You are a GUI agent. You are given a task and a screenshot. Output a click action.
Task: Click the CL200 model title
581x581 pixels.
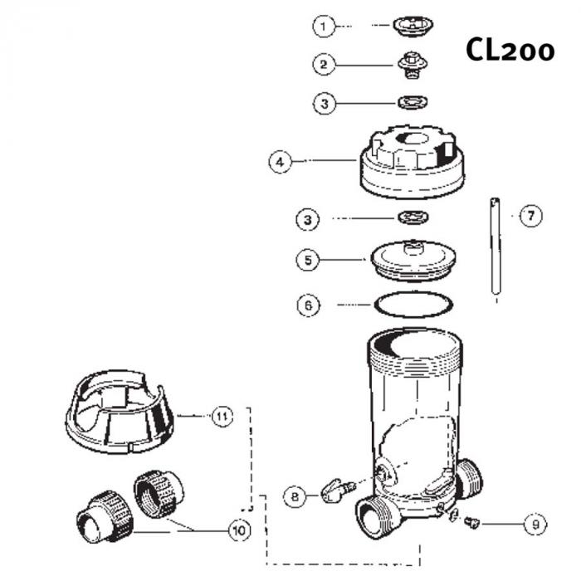pyautogui.click(x=510, y=50)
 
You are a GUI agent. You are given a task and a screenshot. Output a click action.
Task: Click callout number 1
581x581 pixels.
pyautogui.click(x=323, y=27)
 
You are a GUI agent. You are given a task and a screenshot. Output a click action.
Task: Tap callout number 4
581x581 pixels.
pyautogui.click(x=281, y=161)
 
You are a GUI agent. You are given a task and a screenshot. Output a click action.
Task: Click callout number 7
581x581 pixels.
pyautogui.click(x=530, y=216)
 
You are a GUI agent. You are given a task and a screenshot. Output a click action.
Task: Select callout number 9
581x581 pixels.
pyautogui.click(x=535, y=524)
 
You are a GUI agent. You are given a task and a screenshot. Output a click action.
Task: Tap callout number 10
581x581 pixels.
pyautogui.click(x=239, y=529)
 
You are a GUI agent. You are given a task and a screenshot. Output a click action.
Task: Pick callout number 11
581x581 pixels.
pyautogui.click(x=219, y=416)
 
